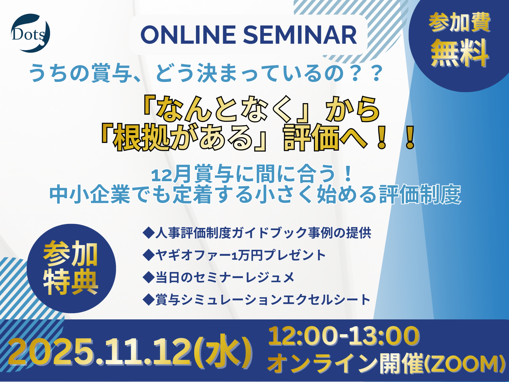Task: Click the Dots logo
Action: pyautogui.click(x=30, y=33)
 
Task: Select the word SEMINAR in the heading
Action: pyautogui.click(x=300, y=35)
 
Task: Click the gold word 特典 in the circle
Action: pyautogui.click(x=71, y=282)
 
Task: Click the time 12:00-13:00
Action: pyautogui.click(x=344, y=336)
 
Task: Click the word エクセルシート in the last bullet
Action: pyautogui.click(x=326, y=300)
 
